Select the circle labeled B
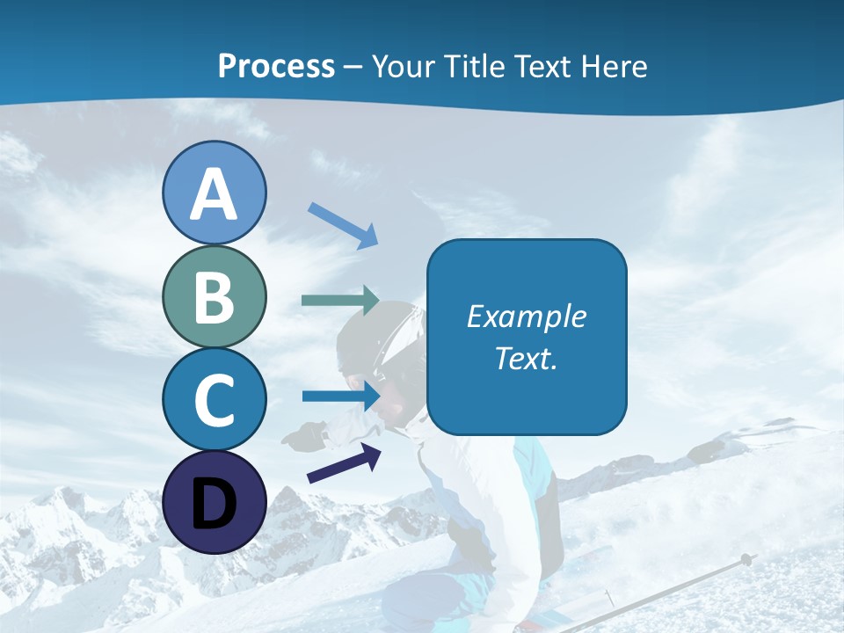(x=214, y=297)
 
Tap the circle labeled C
(x=214, y=400)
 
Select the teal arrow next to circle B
(x=340, y=301)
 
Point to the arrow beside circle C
(x=341, y=396)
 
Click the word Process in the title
(x=276, y=67)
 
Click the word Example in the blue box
(x=526, y=316)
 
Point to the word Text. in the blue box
(x=526, y=359)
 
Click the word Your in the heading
(x=402, y=67)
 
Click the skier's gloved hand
(x=306, y=435)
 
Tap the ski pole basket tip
(x=746, y=559)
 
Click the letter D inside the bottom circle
(x=214, y=506)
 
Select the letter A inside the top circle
(x=214, y=195)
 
